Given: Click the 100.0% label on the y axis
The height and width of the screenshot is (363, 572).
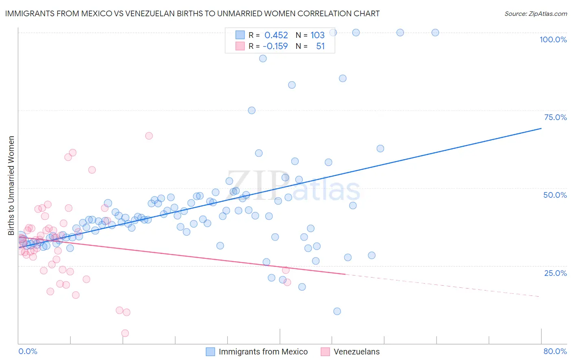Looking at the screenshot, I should point(553,39).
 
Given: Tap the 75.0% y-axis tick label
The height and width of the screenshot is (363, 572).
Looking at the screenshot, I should point(555,117).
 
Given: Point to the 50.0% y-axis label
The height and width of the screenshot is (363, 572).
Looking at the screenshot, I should point(555,195).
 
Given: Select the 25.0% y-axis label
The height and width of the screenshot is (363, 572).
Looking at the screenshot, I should point(555,273).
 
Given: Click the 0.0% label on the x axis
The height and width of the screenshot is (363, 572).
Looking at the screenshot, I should point(28,351).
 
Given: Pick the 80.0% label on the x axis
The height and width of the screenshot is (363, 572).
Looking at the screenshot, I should point(555,351).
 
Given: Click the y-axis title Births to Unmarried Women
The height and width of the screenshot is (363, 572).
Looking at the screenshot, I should point(11,186).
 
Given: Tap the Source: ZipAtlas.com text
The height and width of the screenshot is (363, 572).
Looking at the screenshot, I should point(535,13).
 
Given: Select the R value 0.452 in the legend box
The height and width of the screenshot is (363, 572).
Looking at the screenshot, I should point(276,35).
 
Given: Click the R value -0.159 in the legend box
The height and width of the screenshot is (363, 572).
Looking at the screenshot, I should point(275,46).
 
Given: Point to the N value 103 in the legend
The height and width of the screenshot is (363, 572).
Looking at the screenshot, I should point(317,35).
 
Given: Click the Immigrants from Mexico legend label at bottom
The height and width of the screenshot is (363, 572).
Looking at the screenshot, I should point(263,352).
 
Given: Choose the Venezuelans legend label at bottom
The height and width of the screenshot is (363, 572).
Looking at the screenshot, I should point(356,352).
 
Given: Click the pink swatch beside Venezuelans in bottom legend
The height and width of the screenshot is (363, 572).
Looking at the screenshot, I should point(325,352).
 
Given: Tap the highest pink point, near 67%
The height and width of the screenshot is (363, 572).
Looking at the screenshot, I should point(149,136).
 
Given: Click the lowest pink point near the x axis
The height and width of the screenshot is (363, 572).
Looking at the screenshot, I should point(125,333).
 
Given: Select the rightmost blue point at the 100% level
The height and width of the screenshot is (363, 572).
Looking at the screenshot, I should point(435,33).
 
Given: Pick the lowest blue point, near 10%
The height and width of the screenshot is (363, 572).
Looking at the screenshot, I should point(337,311).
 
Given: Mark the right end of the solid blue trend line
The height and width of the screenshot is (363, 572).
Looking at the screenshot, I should point(541,128).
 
